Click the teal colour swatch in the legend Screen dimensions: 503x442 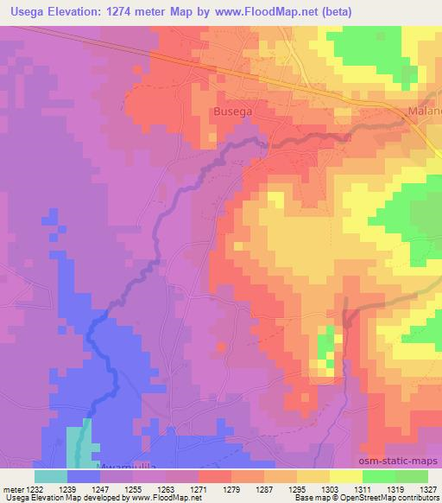point(51,476)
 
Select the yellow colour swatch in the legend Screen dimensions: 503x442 point(345,476)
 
